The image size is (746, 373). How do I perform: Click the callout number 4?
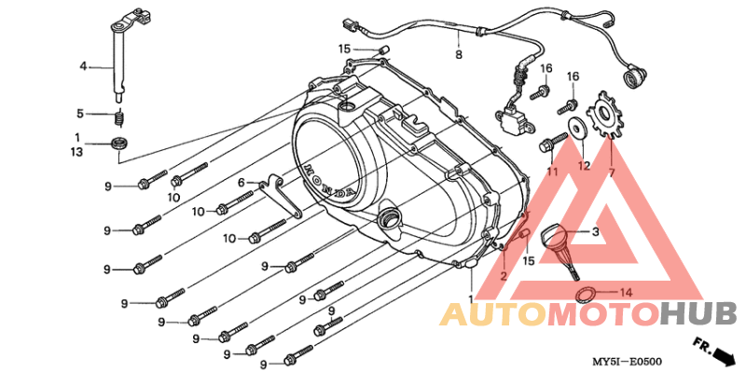tap(83, 67)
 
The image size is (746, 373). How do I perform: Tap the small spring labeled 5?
tap(120, 117)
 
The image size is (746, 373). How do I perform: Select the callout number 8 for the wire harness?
tap(459, 55)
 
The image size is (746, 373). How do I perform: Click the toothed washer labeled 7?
tap(604, 115)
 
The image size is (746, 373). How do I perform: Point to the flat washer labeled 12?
tap(575, 127)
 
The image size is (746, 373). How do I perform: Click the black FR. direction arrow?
tap(724, 353)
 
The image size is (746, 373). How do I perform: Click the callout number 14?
tap(626, 293)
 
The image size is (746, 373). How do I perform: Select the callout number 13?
tap(77, 152)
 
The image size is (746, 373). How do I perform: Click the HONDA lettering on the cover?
tap(329, 182)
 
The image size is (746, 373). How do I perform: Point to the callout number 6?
tap(241, 182)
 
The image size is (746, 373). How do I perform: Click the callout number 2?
tap(504, 275)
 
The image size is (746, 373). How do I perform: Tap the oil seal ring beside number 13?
tap(119, 143)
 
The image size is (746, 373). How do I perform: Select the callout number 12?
tap(584, 166)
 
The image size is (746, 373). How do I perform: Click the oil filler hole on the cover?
tap(388, 218)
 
